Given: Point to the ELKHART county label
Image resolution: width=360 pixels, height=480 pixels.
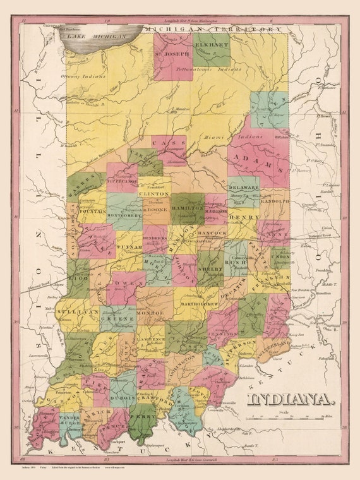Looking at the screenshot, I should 211,46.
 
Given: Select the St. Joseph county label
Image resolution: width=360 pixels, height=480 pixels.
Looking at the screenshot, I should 172,54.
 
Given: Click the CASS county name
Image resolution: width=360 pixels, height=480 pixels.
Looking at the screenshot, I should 169,145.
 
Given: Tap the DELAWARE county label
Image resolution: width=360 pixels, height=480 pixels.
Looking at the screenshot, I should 243,188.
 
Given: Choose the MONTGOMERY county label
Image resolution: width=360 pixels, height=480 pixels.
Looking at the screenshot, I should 124,216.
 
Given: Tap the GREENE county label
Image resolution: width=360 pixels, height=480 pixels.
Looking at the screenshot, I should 117,318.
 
